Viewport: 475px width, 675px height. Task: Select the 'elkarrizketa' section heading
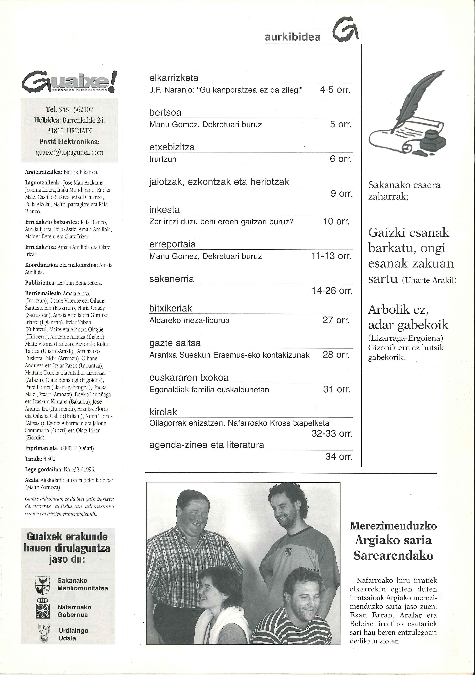click(174, 78)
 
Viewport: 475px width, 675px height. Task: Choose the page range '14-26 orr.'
click(332, 291)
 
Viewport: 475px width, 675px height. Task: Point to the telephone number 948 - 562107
click(76, 109)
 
